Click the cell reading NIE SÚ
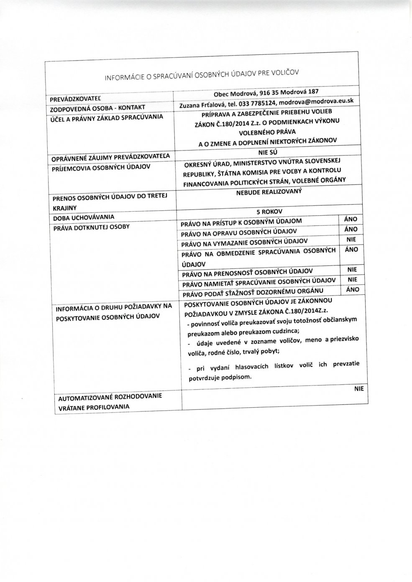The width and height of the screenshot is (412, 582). pos(268,153)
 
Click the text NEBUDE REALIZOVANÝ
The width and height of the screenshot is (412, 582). pos(269,191)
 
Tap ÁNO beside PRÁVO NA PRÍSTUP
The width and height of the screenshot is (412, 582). pos(351,219)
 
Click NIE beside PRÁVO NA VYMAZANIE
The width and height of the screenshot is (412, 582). pos(351,240)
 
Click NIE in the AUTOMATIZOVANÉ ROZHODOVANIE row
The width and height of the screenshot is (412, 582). pos(358,388)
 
